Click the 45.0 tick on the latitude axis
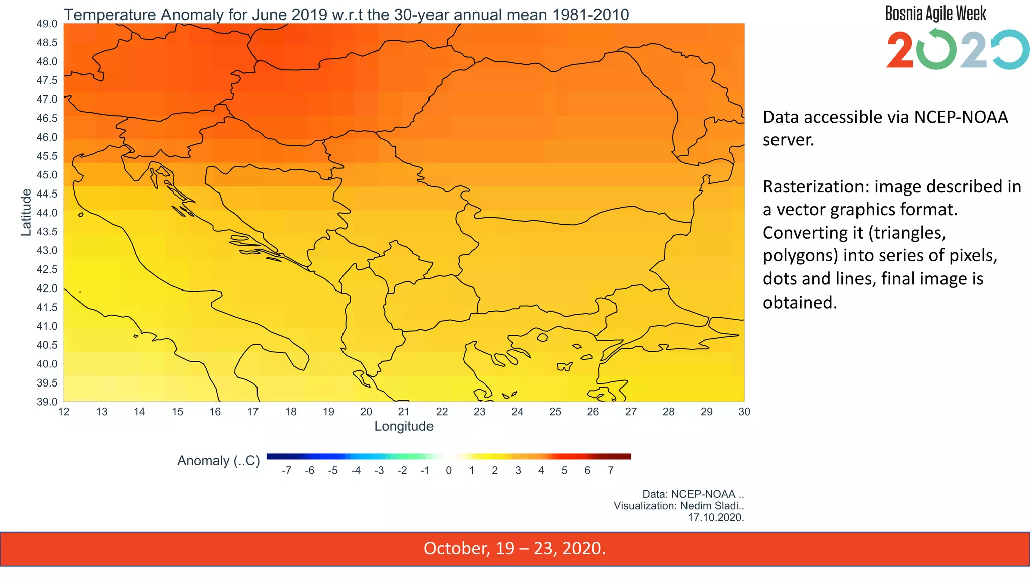(47, 175)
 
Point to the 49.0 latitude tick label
(47, 24)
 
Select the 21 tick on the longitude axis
(404, 412)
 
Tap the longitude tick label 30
(744, 412)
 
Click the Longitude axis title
(404, 426)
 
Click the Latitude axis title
(26, 212)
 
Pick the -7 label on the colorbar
(286, 471)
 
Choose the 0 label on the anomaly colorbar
(449, 471)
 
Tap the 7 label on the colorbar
(611, 471)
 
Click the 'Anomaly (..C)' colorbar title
(218, 461)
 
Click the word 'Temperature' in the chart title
(110, 15)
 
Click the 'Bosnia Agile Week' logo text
(935, 14)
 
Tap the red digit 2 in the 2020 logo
(900, 50)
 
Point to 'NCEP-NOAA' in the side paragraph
(961, 117)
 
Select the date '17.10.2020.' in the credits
(716, 517)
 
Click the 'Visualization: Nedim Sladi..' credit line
(678, 506)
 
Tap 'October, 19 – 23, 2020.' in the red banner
(514, 548)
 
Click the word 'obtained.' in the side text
(800, 302)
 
